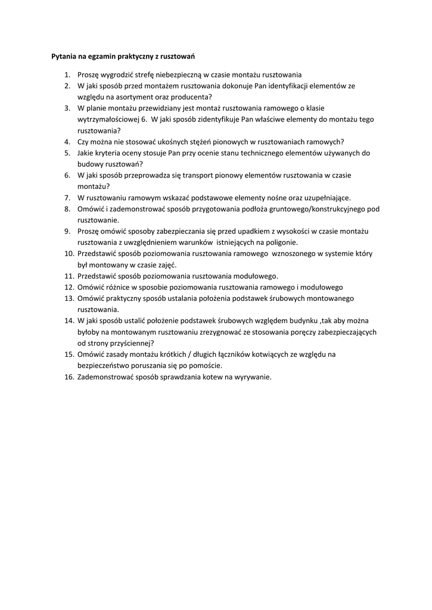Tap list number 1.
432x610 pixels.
67,75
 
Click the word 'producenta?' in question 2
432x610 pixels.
193,97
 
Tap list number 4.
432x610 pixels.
67,142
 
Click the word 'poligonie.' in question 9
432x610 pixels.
281,242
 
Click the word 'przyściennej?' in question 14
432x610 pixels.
129,343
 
